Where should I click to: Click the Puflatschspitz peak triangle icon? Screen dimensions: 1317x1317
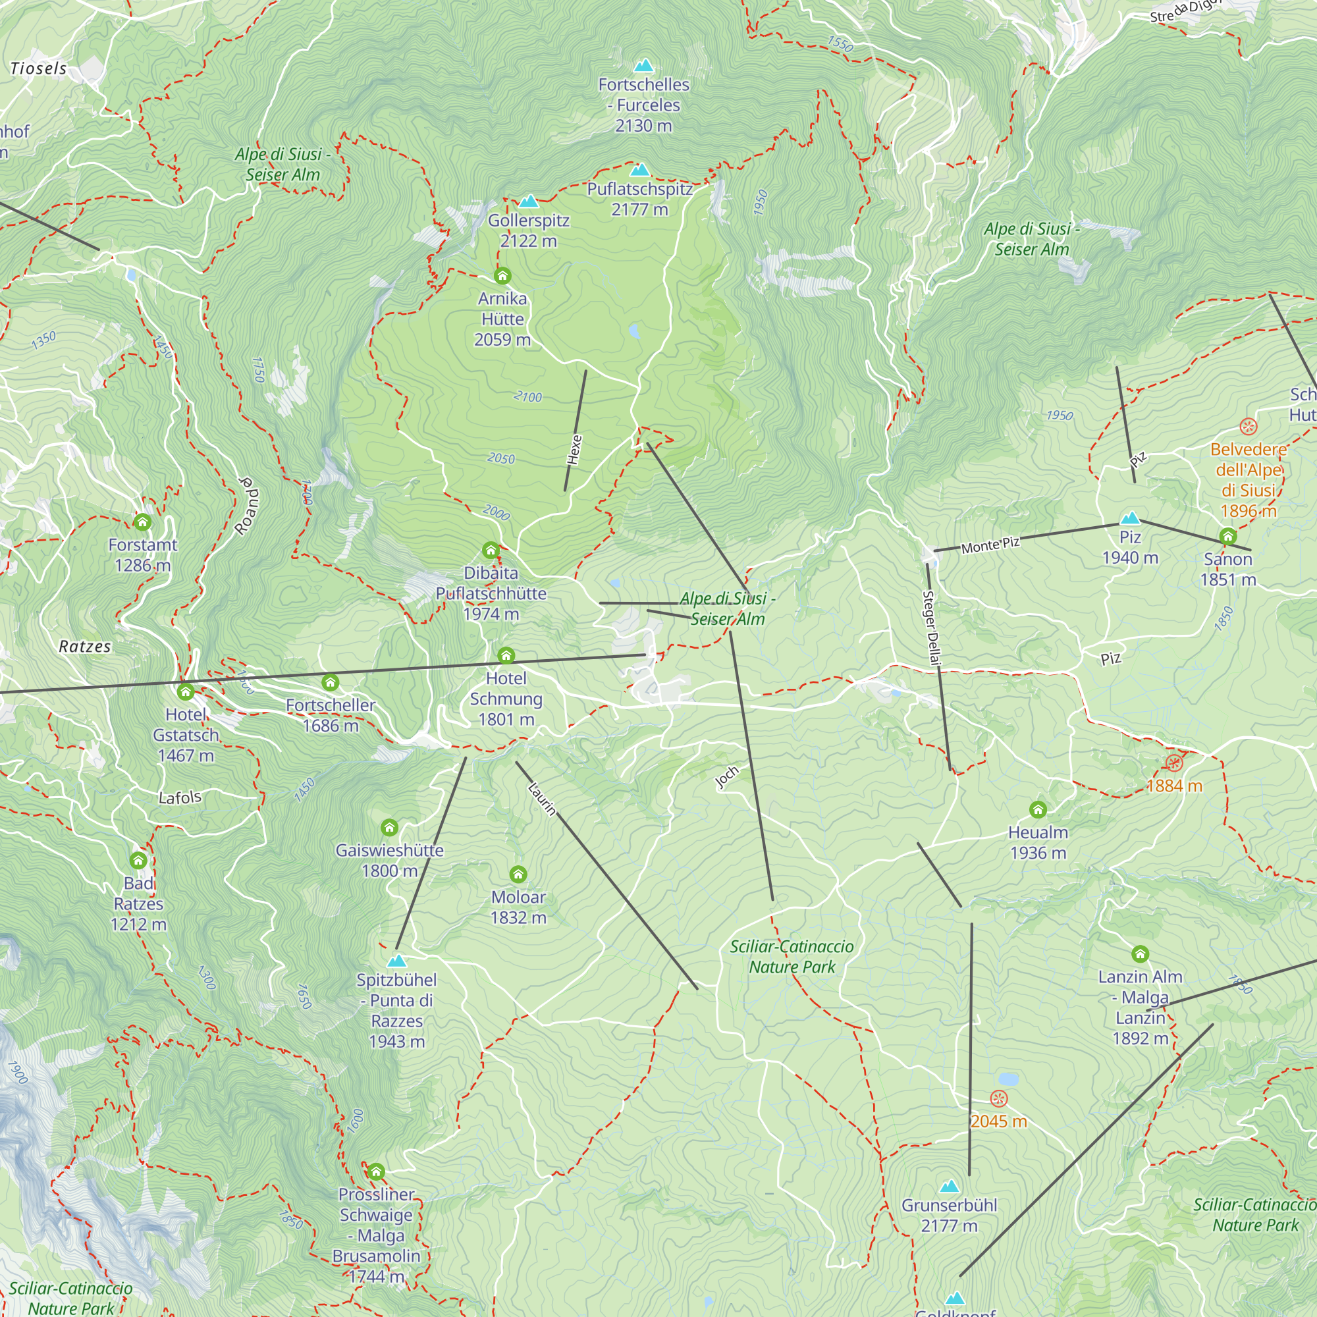coord(639,170)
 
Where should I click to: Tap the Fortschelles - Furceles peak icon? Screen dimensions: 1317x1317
coord(643,65)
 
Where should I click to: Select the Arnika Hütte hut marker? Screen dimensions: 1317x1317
coord(502,275)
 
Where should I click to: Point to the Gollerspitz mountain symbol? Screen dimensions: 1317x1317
coord(529,201)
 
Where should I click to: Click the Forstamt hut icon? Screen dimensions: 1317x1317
coord(142,522)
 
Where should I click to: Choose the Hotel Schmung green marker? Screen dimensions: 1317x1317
coord(506,656)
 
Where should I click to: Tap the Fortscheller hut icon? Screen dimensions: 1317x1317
coord(331,682)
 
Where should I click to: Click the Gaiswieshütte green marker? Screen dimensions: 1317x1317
coord(389,828)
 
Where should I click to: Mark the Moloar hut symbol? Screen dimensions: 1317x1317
coord(518,874)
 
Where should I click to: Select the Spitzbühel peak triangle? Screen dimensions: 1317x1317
coord(396,961)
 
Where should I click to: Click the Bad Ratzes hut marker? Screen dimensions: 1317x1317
coord(138,860)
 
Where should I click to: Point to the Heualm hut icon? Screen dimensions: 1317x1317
coord(1038,809)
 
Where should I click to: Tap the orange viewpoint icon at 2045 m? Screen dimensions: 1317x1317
coord(999,1098)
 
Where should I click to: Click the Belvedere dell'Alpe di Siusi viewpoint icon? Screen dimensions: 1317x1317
coord(1248,427)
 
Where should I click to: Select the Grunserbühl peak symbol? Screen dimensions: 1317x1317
coord(949,1187)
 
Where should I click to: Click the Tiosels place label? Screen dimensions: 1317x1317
coord(39,68)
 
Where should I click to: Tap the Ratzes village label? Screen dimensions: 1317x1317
coord(84,646)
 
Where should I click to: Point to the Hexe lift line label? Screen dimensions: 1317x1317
coord(575,450)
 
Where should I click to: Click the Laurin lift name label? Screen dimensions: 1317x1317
coord(543,799)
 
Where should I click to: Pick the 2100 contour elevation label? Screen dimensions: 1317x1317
coord(527,396)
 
